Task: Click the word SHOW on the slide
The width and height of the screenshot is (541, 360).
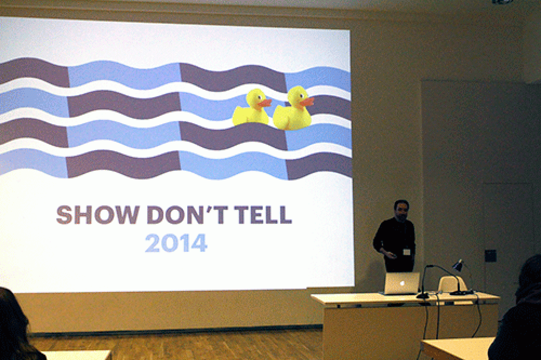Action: (x=97, y=215)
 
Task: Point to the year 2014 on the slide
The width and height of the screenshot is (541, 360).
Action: (x=176, y=243)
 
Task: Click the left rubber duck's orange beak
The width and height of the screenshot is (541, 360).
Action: (x=265, y=103)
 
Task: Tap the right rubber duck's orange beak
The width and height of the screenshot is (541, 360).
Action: (x=307, y=102)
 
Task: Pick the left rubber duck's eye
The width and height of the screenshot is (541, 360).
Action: (x=259, y=97)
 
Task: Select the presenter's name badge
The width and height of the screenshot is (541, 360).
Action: (x=406, y=252)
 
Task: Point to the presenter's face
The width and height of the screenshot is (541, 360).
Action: (x=401, y=211)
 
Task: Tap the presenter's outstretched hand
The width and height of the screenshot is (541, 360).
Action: (x=390, y=256)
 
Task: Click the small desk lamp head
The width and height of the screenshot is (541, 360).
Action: (x=458, y=265)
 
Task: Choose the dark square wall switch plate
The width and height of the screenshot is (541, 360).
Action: (x=490, y=256)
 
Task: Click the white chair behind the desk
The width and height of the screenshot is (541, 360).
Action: (x=452, y=284)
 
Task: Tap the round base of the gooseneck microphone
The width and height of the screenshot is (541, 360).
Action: (x=423, y=296)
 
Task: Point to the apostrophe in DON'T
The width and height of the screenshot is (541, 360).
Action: (x=211, y=209)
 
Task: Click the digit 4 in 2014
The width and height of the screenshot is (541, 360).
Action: (x=200, y=243)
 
